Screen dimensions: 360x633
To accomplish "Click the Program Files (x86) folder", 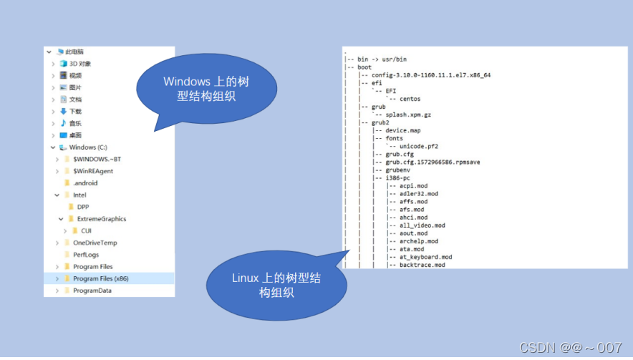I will [101, 278].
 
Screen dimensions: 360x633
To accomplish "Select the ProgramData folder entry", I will [92, 291].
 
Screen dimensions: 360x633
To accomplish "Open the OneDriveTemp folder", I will [95, 243].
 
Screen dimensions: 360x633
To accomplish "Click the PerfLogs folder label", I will [86, 255].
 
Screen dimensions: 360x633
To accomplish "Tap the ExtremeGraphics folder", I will [101, 219].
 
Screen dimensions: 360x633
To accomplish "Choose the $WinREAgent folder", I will [93, 171].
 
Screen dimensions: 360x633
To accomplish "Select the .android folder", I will [85, 183].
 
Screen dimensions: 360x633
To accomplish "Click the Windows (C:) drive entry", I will [87, 147].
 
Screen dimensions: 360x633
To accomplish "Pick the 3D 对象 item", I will [79, 64].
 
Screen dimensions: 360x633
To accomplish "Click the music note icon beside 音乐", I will [63, 123].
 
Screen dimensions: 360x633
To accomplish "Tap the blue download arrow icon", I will [63, 111].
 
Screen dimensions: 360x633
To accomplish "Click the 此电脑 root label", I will [74, 52].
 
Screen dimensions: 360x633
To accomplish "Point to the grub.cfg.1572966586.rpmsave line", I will [433, 162].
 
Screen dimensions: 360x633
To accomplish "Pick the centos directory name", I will [410, 99].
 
